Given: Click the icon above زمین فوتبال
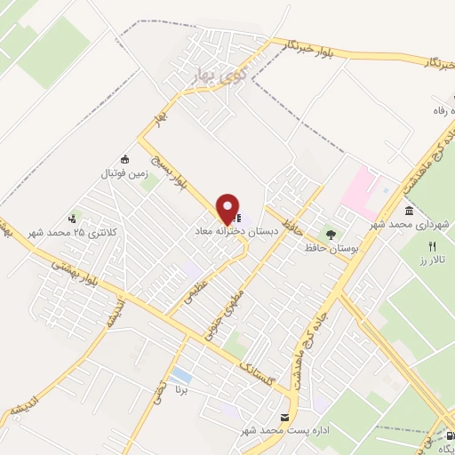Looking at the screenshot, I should tap(124, 161).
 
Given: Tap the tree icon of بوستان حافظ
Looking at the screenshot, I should tap(331, 235).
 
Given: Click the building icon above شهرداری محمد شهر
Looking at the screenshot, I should tap(409, 210).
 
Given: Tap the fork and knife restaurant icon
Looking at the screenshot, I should tap(433, 246).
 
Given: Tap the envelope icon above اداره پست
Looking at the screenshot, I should tap(285, 417).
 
